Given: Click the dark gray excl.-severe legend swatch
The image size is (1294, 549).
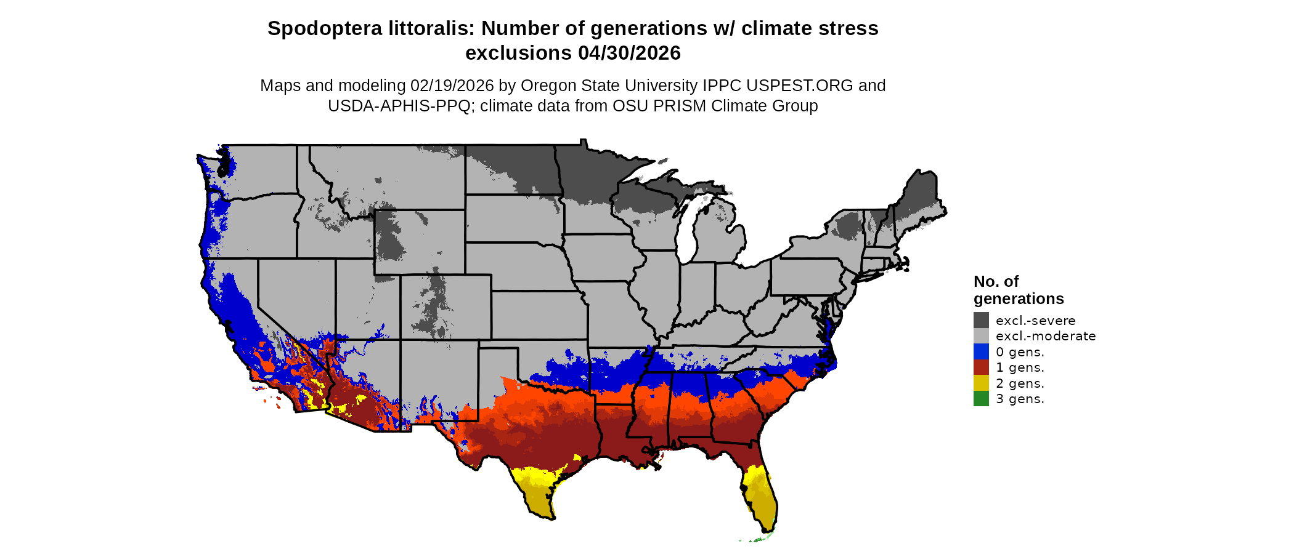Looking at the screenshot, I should pos(981,320).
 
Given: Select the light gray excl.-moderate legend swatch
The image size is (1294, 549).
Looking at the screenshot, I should pos(981,336).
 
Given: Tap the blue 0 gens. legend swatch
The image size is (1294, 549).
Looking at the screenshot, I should pos(981,351).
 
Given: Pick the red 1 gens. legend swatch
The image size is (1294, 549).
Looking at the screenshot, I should pos(981,367).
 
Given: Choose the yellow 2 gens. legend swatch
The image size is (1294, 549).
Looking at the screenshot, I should pos(981,383).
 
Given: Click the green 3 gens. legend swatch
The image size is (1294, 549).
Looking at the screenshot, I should pos(981,399).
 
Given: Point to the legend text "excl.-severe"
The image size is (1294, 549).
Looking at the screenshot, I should pos(1035,321).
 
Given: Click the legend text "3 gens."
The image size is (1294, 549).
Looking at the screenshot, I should pos(1020,399).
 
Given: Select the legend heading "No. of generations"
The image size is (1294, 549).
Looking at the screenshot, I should pos(1018,290).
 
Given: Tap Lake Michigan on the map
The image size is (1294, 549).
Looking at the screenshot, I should pos(688,234).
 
